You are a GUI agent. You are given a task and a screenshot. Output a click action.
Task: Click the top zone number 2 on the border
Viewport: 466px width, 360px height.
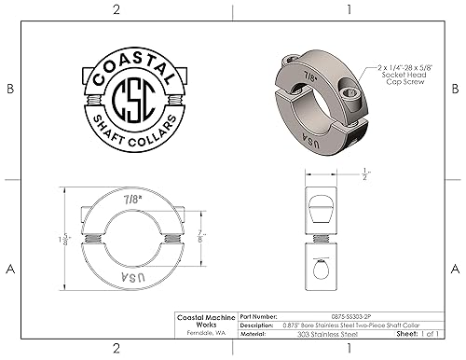116,9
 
